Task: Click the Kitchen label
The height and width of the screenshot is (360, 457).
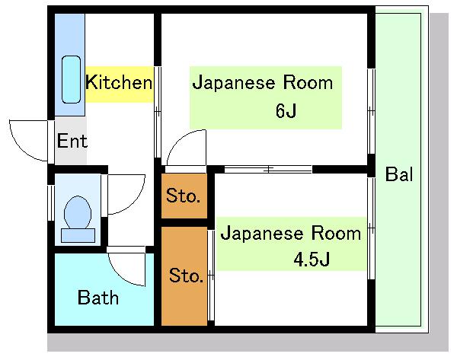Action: (x=119, y=82)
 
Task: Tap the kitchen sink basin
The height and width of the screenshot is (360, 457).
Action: (x=71, y=79)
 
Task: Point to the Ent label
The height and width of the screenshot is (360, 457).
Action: (x=72, y=141)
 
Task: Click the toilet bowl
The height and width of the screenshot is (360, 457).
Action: (x=78, y=212)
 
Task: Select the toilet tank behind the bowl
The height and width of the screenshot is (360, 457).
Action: (x=78, y=235)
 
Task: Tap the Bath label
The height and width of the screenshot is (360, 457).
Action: (x=98, y=298)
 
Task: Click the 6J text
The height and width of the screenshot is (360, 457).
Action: (x=286, y=110)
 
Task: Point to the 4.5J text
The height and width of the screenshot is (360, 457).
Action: (x=312, y=260)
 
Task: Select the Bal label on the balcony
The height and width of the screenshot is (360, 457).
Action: (x=399, y=174)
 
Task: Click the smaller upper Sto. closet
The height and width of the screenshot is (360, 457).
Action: (x=184, y=196)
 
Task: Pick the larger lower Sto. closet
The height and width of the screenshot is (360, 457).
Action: (x=184, y=276)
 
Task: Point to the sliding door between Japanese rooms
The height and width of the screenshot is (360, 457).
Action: (x=268, y=169)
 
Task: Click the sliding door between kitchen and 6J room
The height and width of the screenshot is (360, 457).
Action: (x=158, y=112)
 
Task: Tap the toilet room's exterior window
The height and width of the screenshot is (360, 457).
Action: (x=51, y=202)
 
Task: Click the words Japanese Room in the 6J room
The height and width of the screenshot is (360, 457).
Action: (x=263, y=82)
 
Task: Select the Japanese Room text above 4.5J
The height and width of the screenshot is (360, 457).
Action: (x=291, y=233)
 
